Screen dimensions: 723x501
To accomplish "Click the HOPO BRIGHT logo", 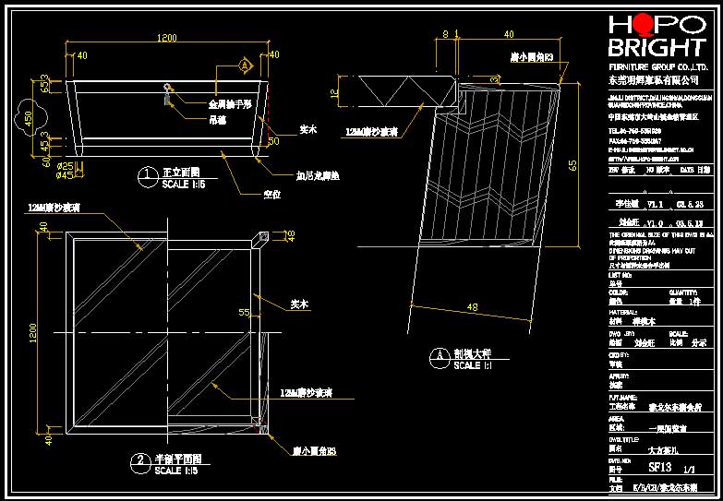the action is coord(657,37).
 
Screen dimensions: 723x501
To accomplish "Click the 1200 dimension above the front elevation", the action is coord(167,38).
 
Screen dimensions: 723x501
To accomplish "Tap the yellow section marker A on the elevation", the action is coord(245,66).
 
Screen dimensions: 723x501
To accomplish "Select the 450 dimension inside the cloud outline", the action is coord(29,118).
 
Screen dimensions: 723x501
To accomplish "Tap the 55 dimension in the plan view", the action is coord(245,313).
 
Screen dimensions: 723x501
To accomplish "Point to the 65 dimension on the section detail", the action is coord(573,164).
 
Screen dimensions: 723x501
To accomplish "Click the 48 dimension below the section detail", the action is coord(473,306).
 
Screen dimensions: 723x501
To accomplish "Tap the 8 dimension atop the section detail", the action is coord(446,34).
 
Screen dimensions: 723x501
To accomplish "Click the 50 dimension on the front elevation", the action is coord(273,141).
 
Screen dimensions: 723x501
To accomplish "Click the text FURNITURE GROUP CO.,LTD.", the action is coord(656,68).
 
